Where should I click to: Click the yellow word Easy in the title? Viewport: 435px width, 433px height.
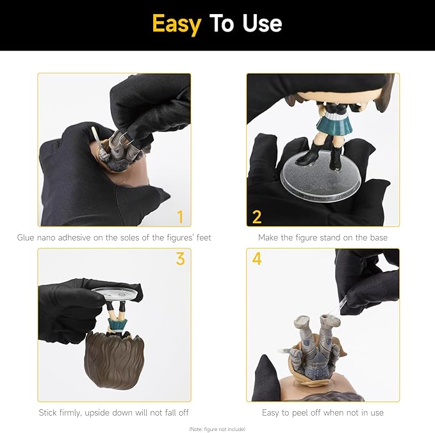pyautogui.click(x=177, y=24)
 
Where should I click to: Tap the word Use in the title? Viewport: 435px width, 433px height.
pyautogui.click(x=262, y=23)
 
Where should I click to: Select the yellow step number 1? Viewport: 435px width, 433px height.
pyautogui.click(x=180, y=217)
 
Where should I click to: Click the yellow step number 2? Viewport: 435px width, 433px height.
pyautogui.click(x=257, y=217)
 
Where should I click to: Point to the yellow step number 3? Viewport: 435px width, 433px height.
pyautogui.click(x=180, y=259)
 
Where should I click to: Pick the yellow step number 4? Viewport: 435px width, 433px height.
pyautogui.click(x=257, y=259)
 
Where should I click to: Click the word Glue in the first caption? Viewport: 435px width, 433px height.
pyautogui.click(x=26, y=237)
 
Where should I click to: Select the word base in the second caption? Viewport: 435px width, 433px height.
pyautogui.click(x=379, y=237)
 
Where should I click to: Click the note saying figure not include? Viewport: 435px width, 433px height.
pyautogui.click(x=217, y=429)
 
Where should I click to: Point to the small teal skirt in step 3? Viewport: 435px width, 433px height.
pyautogui.click(x=118, y=324)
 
